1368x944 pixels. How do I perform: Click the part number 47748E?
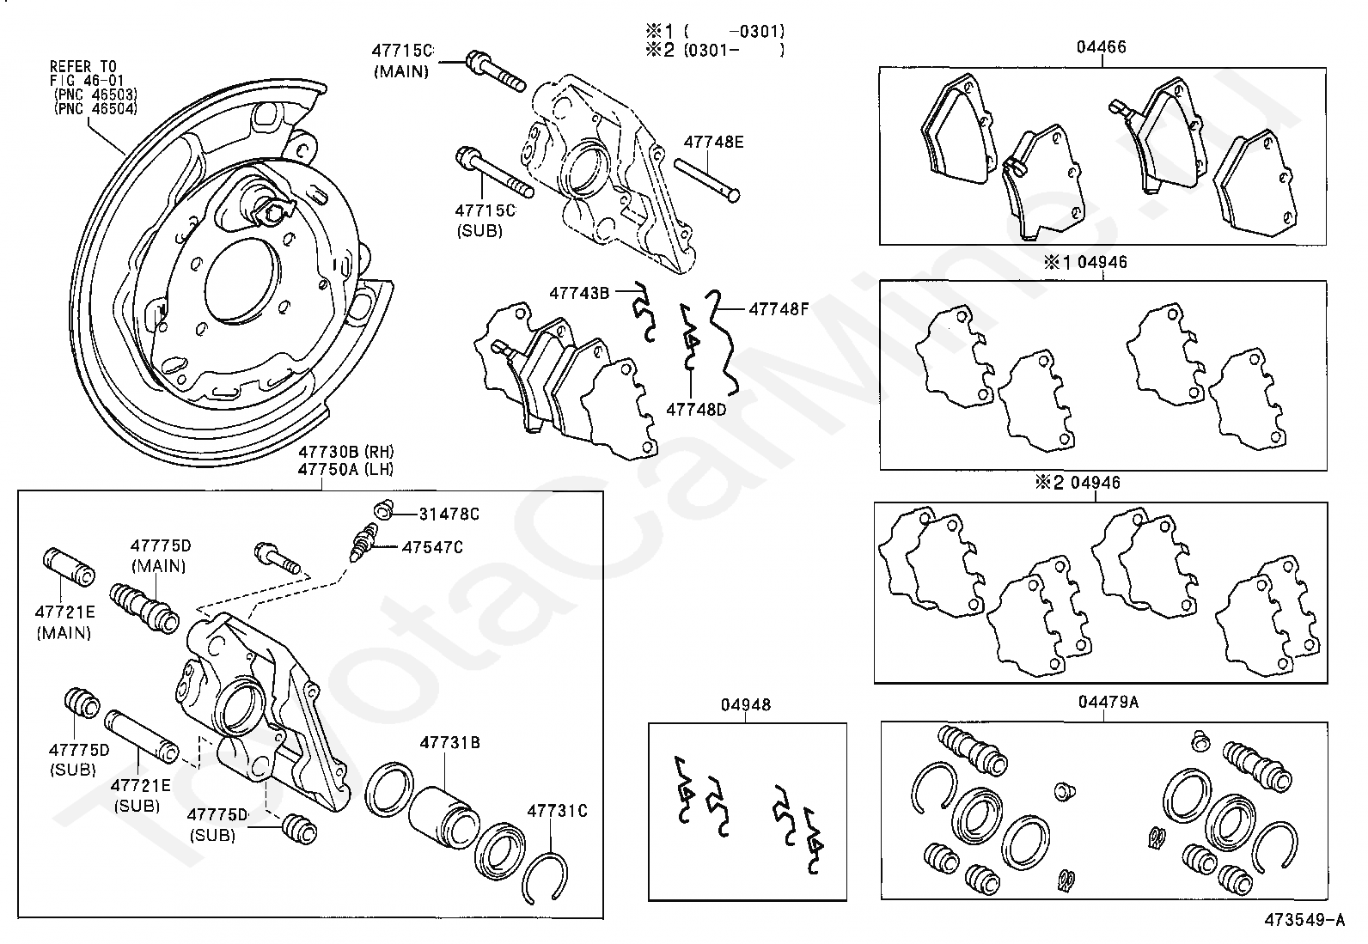pos(713,143)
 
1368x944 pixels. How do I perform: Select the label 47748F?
pos(779,308)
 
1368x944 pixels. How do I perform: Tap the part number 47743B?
pos(579,294)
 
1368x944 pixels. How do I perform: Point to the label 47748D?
pos(696,410)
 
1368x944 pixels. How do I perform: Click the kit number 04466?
pos(1102,48)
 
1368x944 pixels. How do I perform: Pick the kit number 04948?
pos(746,705)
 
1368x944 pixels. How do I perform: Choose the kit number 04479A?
pos(1108,703)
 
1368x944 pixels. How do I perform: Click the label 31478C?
pos(449,515)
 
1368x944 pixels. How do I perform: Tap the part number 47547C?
pos(432,547)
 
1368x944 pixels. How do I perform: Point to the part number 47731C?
pos(557,810)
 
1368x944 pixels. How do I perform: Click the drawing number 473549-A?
pos(1304,921)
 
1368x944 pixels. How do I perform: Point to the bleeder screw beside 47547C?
pos(364,545)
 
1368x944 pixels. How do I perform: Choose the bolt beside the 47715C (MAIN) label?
pos(493,72)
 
